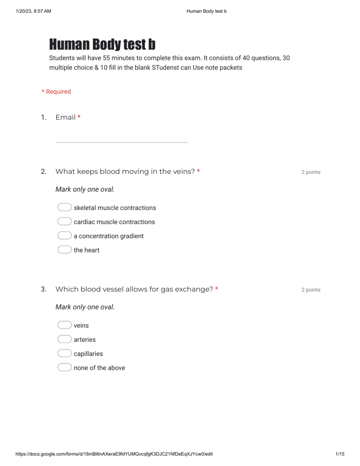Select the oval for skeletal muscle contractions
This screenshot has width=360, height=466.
[x=64, y=208]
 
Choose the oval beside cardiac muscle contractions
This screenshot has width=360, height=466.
[x=64, y=222]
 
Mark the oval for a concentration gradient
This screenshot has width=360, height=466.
[x=64, y=236]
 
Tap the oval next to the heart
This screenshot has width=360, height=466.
[x=64, y=250]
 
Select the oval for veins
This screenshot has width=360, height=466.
[x=64, y=325]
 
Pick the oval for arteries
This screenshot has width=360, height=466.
[x=64, y=339]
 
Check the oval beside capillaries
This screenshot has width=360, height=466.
[x=64, y=353]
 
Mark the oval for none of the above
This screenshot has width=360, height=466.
[x=64, y=368]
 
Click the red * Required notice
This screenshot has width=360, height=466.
[x=56, y=92]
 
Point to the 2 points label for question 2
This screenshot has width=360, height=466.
[x=311, y=172]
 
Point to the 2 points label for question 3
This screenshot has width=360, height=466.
[x=311, y=290]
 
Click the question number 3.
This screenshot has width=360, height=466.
[x=43, y=289]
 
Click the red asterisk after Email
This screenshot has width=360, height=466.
[x=79, y=117]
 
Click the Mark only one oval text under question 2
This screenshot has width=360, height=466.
[x=85, y=189]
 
